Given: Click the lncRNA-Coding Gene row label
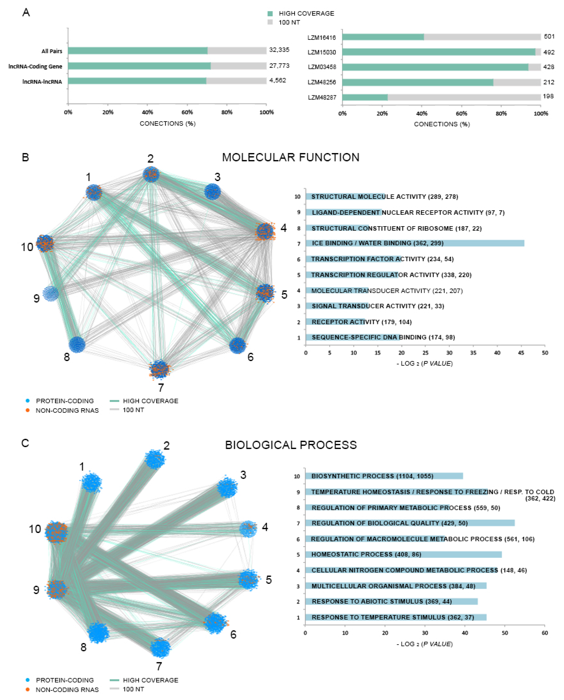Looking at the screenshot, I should tap(35, 66).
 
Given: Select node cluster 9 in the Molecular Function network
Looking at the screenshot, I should tap(51, 293).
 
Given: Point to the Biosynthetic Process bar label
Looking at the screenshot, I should tap(372, 476).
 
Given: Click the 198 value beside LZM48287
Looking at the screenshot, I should tap(548, 96).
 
